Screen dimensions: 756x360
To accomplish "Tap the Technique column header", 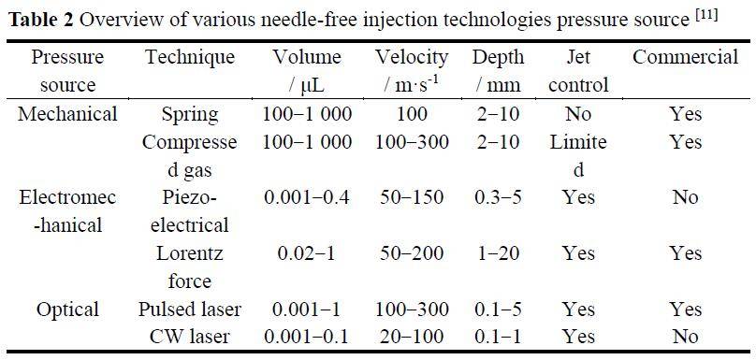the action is [x=190, y=57].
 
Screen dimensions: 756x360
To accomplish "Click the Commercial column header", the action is [x=685, y=57].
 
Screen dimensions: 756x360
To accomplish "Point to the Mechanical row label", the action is [x=67, y=114].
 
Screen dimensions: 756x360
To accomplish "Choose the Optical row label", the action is [x=67, y=309].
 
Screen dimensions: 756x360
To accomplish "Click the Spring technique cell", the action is [x=190, y=115].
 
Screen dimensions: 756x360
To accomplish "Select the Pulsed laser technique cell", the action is [x=190, y=309].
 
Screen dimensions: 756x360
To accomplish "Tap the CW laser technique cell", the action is [x=190, y=337].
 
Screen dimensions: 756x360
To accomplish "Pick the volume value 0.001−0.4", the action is [x=307, y=197].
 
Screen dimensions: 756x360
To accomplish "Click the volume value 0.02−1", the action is [x=307, y=253].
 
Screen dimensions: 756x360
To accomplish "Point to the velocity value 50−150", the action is [x=412, y=197].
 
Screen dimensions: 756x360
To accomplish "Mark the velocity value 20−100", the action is [x=412, y=337].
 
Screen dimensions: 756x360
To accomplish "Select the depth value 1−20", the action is [x=497, y=253].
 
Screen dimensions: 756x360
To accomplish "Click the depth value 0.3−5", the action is [x=497, y=197].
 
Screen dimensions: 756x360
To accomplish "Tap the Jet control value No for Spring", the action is [x=578, y=115].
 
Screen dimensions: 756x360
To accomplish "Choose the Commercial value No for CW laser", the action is [x=685, y=337].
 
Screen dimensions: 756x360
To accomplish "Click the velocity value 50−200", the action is [x=412, y=253].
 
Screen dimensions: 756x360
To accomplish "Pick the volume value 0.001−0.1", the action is [x=307, y=337].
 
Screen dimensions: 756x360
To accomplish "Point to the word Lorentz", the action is [x=190, y=253].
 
